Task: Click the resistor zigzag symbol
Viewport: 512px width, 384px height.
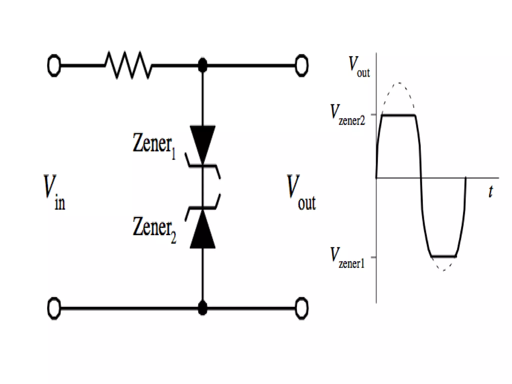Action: pos(128,65)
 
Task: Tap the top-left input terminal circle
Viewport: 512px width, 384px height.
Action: pos(54,65)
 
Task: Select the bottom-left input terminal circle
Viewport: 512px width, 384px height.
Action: pos(54,308)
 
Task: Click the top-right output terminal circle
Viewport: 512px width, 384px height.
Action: pos(301,65)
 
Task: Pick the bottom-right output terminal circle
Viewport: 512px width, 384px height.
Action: pos(301,308)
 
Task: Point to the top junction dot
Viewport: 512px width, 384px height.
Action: pos(202,65)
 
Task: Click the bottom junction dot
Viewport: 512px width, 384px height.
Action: pos(202,308)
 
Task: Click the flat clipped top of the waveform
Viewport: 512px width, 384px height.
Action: pos(399,115)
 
